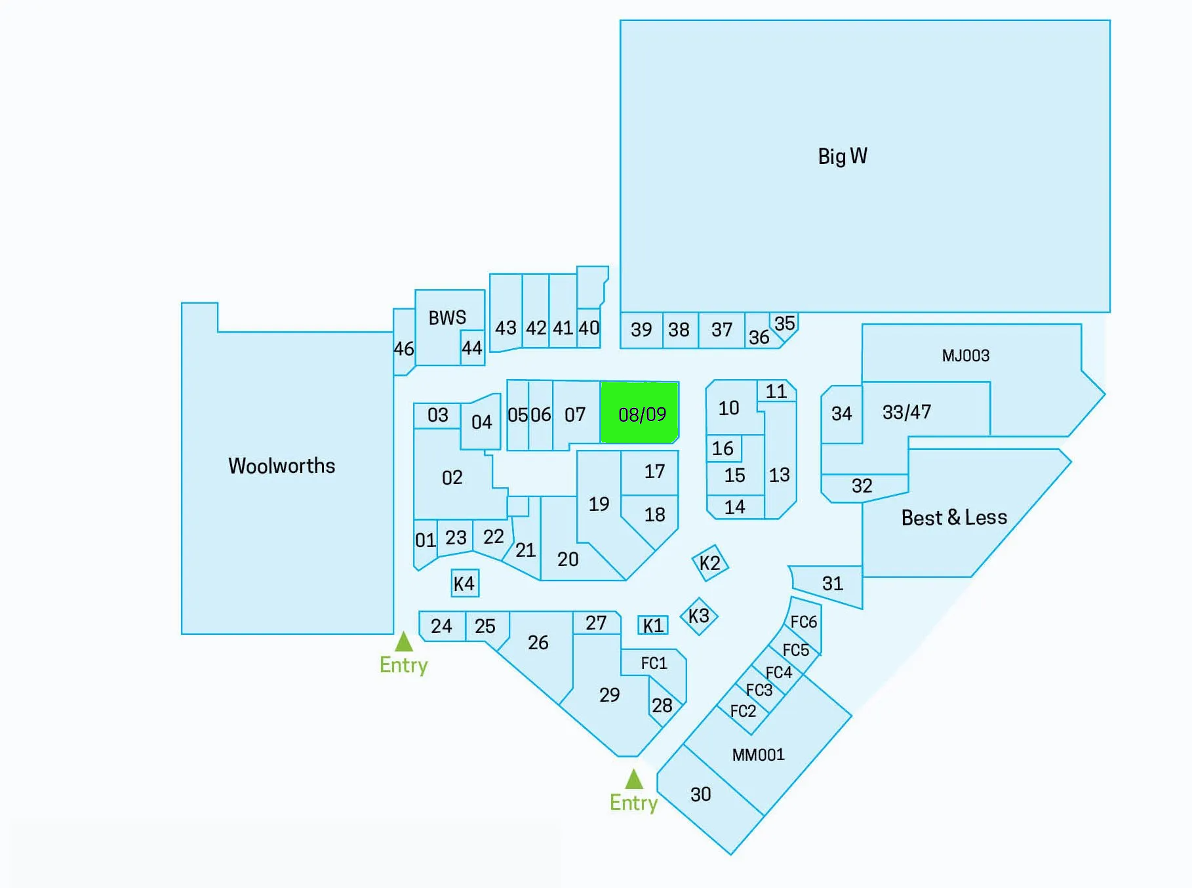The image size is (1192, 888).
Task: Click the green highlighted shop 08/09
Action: click(x=640, y=413)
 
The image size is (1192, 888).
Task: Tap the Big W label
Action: click(x=843, y=156)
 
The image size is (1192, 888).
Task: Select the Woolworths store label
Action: click(x=282, y=466)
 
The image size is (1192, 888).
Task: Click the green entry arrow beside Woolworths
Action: click(x=404, y=641)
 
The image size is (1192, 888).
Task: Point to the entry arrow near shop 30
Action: click(x=634, y=779)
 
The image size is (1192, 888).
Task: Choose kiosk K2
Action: click(x=710, y=563)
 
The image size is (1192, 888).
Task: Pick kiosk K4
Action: click(x=465, y=583)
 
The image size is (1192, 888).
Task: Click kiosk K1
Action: click(x=653, y=625)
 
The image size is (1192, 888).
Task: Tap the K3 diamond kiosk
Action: click(x=699, y=616)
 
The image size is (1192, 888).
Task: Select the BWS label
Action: click(x=447, y=318)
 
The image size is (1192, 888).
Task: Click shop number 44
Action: click(x=472, y=348)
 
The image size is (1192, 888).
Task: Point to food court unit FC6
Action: click(x=804, y=622)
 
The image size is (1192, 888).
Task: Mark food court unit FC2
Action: click(x=743, y=711)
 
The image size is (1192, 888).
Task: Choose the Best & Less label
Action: click(x=954, y=517)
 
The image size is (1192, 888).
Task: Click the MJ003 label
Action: click(x=966, y=355)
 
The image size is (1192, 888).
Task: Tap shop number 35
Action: click(x=785, y=323)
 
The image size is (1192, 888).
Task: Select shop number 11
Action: click(x=776, y=392)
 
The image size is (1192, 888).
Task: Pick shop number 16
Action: click(x=723, y=449)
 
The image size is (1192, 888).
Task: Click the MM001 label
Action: click(x=758, y=755)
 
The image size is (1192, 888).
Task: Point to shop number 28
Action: click(x=662, y=705)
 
